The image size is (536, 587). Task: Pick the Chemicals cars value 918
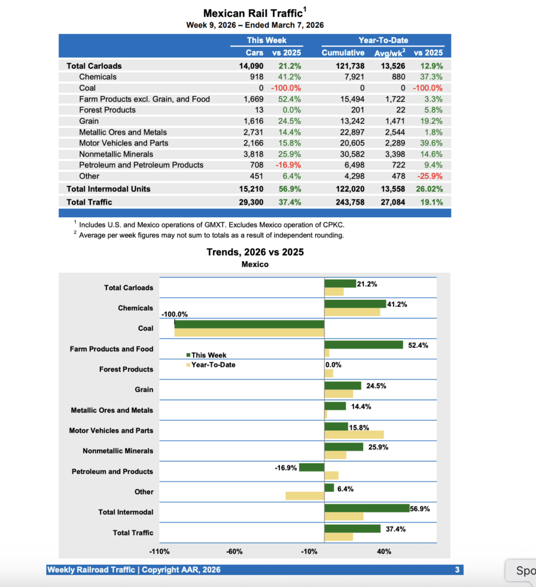[x=254, y=77]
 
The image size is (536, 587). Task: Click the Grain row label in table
[x=89, y=121]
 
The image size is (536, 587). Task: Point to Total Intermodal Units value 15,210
[x=251, y=189]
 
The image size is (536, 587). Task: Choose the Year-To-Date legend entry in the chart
[x=212, y=365]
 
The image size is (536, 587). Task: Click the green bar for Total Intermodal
[x=367, y=508]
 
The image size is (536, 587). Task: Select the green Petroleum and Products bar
[x=312, y=467]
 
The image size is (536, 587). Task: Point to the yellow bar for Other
[x=305, y=496]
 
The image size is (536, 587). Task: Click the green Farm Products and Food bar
[x=364, y=345]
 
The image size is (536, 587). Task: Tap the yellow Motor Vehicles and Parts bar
[x=354, y=435]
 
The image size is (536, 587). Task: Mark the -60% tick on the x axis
[x=235, y=551]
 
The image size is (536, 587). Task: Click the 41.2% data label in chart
[x=397, y=304]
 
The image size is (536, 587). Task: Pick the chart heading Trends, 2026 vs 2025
[x=255, y=252]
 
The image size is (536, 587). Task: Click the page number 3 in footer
[x=457, y=570]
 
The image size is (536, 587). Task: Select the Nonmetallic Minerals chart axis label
[x=118, y=451]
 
